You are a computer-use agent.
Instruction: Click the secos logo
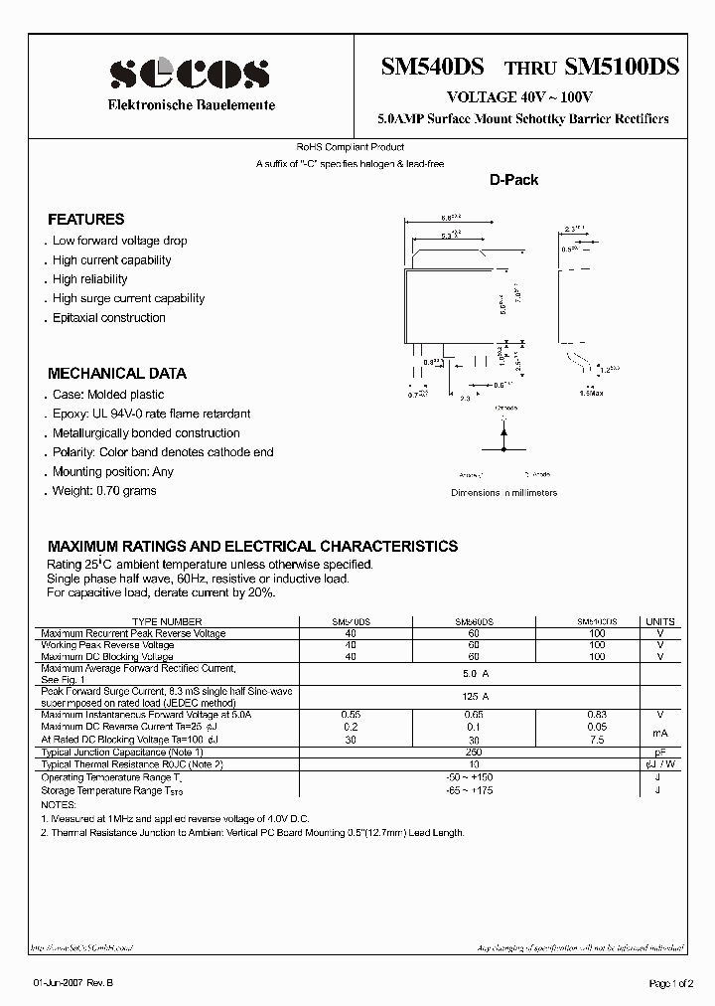coord(189,72)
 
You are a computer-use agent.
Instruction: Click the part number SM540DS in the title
coord(432,68)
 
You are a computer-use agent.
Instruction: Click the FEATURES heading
coord(86,219)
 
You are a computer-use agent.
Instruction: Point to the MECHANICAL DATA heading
coord(117,374)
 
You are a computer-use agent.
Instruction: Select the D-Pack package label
coord(513,180)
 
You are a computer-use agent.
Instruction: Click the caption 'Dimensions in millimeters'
coord(503,492)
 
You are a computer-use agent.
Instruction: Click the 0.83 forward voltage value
coord(596,714)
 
